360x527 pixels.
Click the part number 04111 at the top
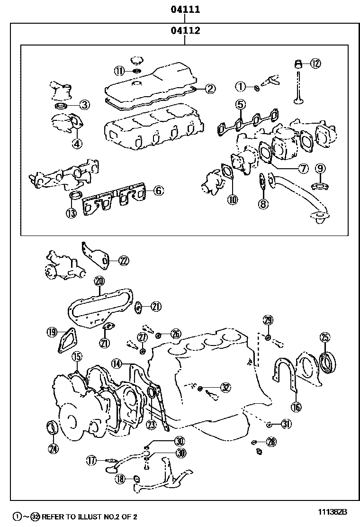click(x=185, y=9)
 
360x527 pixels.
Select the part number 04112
click(x=185, y=31)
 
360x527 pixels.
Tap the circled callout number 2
click(x=210, y=88)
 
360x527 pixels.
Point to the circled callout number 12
click(x=315, y=63)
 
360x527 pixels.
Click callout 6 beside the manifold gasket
click(x=158, y=191)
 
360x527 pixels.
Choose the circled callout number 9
click(x=321, y=168)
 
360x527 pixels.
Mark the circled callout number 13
click(x=71, y=213)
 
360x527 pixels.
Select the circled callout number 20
click(x=99, y=281)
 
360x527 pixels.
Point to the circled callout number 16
click(x=296, y=406)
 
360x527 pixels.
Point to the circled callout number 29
click(x=268, y=320)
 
